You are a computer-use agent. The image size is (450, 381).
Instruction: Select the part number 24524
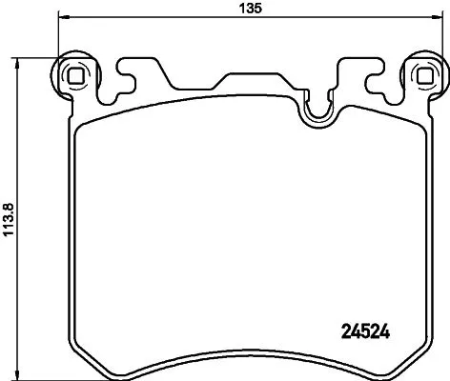pyautogui.click(x=367, y=333)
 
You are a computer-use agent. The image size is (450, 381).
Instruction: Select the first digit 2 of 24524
pyautogui.click(x=346, y=333)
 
